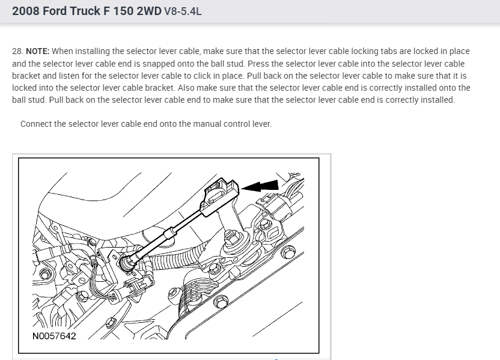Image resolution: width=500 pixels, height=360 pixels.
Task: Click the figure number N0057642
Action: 55,335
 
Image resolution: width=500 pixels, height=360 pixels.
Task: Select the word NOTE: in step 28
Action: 38,51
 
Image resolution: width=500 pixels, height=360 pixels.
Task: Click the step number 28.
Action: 17,51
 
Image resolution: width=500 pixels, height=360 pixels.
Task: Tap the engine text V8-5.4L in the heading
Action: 182,11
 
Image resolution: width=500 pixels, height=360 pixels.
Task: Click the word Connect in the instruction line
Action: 37,124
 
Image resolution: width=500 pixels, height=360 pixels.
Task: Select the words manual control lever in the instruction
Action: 236,124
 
